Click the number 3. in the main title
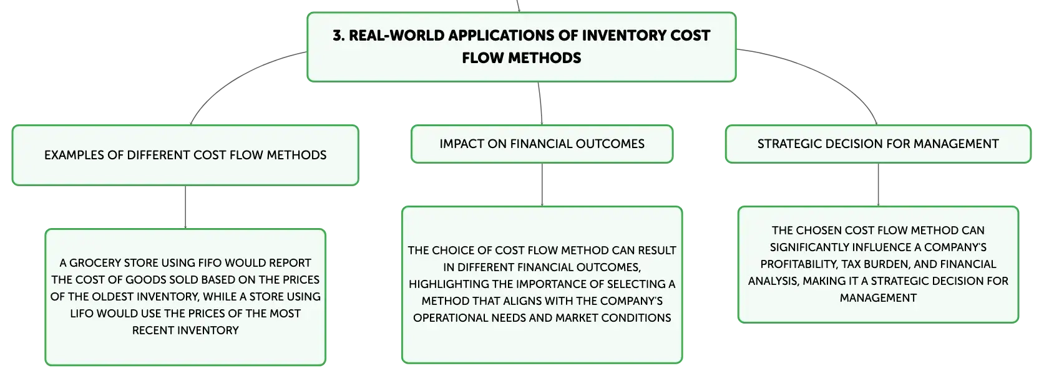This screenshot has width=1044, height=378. [338, 36]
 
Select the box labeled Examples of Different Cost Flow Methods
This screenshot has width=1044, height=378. [185, 155]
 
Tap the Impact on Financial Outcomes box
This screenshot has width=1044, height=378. [542, 144]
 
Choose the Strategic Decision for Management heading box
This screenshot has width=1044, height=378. [878, 144]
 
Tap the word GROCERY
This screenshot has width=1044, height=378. [95, 263]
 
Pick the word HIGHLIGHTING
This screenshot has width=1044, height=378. [448, 284]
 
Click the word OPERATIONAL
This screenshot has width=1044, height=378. [446, 318]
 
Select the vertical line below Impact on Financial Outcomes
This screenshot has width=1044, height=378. [542, 184]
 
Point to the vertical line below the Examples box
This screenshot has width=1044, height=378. [185, 207]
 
